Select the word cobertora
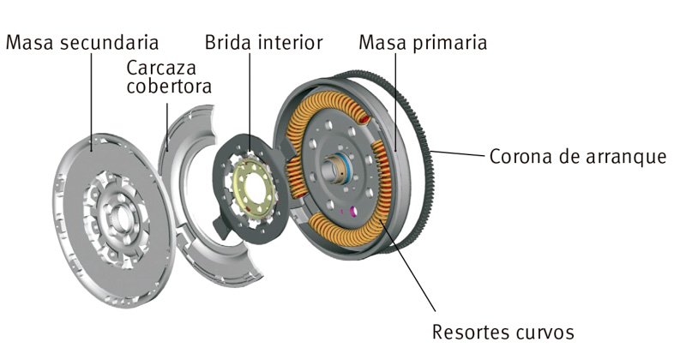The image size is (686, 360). point(169,87)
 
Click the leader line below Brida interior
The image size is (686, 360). point(250,94)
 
